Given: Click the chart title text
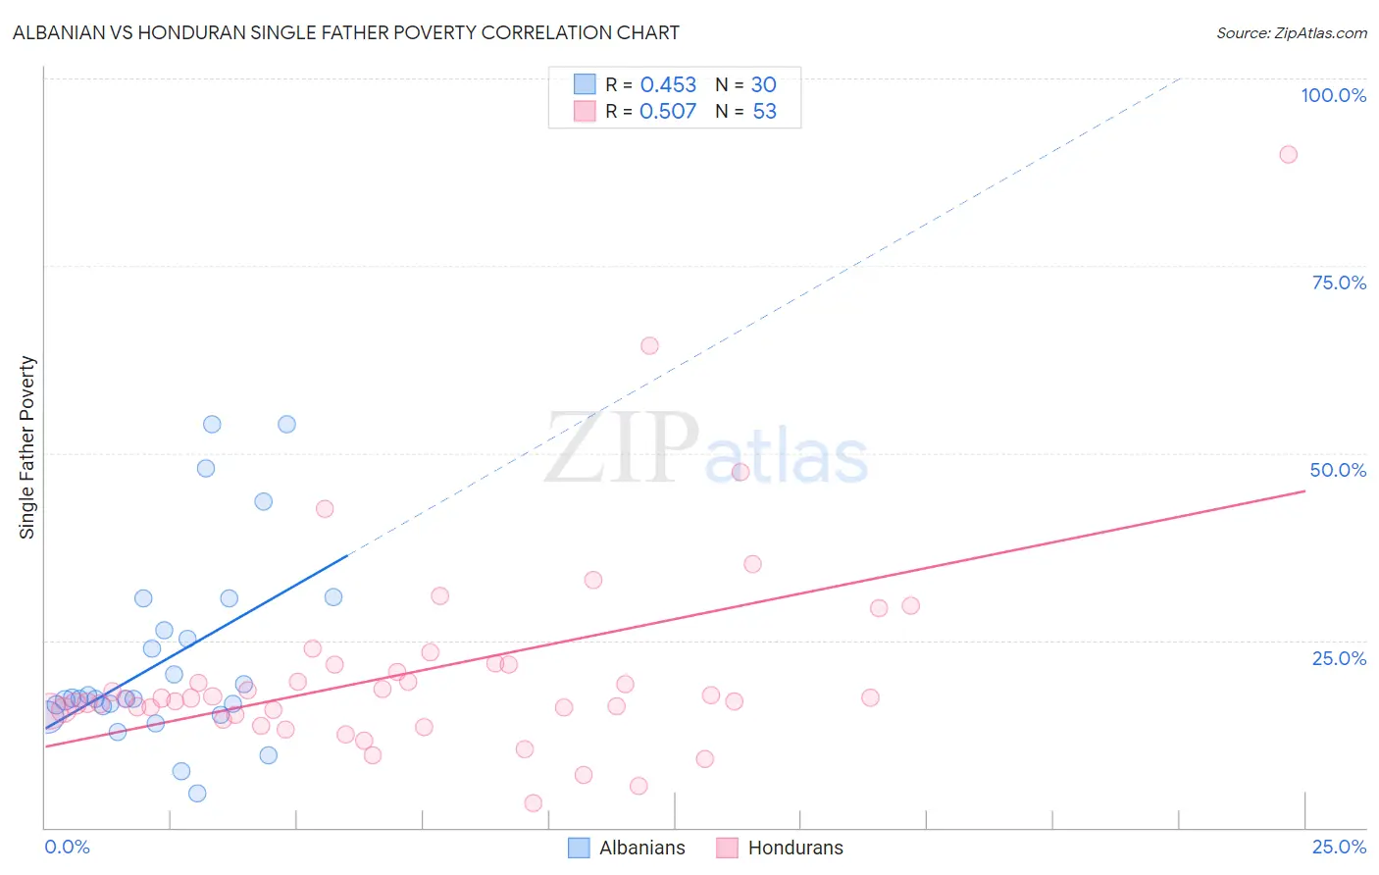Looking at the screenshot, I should (x=345, y=32).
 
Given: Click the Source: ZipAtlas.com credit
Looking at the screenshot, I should (x=1291, y=33).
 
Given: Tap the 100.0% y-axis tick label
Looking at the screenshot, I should (x=1333, y=95).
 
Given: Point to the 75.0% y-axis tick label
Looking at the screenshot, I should (x=1339, y=283).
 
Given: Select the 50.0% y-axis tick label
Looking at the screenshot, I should (x=1338, y=470).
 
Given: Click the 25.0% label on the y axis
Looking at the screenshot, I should (x=1339, y=657).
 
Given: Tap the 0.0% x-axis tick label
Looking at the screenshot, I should (x=67, y=847).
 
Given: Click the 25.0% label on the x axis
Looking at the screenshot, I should (x=1339, y=847).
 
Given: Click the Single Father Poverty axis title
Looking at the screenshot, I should (x=27, y=447).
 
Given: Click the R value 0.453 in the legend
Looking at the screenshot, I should (x=668, y=85).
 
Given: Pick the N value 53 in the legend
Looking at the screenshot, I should (x=764, y=112).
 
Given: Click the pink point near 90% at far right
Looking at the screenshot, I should (x=1288, y=154).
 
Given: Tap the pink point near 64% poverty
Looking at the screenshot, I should (x=649, y=345).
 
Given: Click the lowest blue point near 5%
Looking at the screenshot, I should (x=197, y=794).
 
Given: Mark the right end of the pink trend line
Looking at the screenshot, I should (x=1304, y=490).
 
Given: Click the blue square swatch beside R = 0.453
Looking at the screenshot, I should (x=585, y=84).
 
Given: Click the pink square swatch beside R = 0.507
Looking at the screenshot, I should (x=585, y=111).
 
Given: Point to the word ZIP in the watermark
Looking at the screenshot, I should (x=622, y=449).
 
